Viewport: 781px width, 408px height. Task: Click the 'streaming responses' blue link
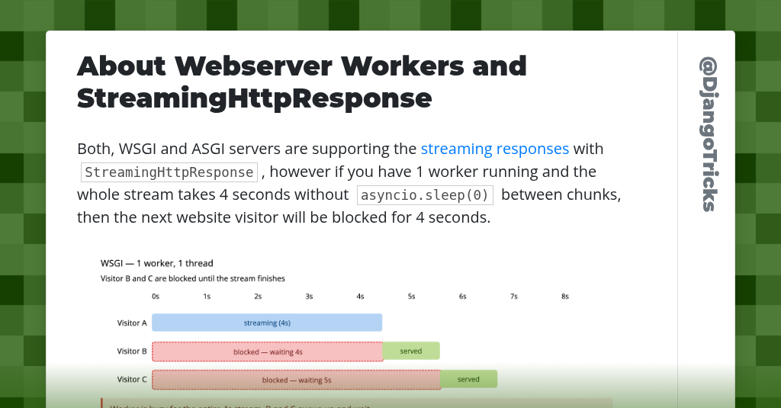[494, 148]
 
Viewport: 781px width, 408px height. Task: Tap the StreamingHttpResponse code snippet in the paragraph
[169, 172]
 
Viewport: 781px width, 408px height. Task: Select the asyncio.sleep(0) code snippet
[425, 195]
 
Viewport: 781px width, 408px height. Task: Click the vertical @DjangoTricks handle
[707, 133]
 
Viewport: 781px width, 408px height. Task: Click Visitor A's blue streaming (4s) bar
[267, 323]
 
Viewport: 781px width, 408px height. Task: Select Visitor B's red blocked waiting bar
[268, 352]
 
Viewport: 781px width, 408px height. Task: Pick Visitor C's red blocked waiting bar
[296, 380]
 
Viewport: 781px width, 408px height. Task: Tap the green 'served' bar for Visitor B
[411, 351]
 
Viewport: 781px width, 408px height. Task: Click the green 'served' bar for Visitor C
[469, 379]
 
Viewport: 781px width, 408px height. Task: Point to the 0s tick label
[156, 296]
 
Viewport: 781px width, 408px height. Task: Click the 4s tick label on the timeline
[360, 296]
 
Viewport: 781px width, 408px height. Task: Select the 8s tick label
[565, 296]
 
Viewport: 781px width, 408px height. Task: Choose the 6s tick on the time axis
[462, 296]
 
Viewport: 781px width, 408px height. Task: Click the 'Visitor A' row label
[132, 323]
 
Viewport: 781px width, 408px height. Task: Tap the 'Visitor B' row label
[132, 351]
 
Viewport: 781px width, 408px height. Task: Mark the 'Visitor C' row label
[132, 379]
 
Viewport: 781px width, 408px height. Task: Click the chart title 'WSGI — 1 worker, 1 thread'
[157, 263]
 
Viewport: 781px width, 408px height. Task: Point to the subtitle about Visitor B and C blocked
[192, 278]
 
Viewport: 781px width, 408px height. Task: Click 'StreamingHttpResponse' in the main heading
[254, 98]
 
